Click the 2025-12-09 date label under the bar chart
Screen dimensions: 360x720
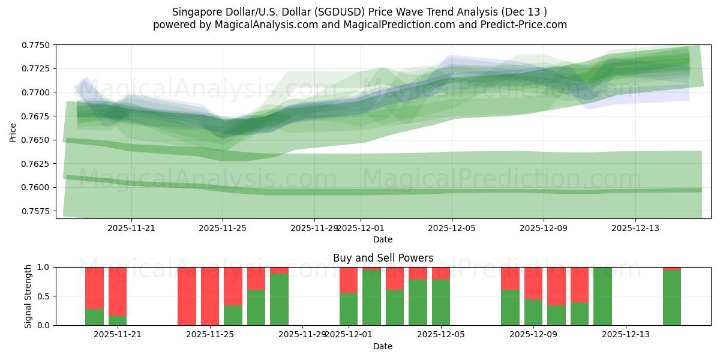click(533, 335)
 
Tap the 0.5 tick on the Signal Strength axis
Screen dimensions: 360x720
click(45, 296)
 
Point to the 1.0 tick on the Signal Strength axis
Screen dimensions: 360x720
click(45, 267)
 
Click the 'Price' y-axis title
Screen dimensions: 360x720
click(13, 131)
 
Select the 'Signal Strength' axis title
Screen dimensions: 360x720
click(28, 296)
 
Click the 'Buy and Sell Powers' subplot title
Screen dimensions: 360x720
click(383, 258)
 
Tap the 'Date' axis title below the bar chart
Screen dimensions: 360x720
click(383, 346)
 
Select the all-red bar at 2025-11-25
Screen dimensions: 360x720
click(210, 296)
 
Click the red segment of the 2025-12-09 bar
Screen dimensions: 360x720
click(533, 283)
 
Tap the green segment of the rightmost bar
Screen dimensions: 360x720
click(672, 298)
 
